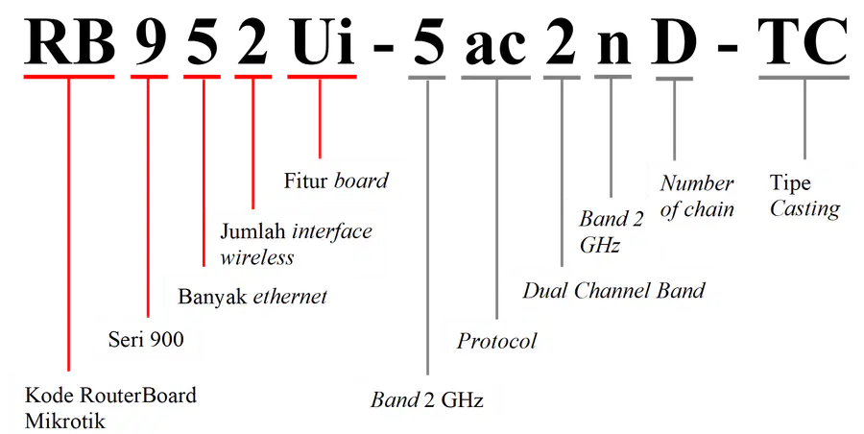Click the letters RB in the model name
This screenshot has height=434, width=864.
pos(69,43)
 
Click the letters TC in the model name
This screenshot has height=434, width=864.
pos(803,42)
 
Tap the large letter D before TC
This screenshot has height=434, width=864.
pos(673,43)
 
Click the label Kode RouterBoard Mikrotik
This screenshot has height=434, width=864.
pos(110,409)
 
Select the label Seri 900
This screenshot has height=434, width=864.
pos(146,339)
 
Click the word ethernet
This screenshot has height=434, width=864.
pos(290,297)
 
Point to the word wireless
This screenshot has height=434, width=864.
pos(256,257)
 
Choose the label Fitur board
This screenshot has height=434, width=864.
pos(336,181)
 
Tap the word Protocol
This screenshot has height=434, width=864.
pos(496,342)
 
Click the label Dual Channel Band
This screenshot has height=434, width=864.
pos(613,291)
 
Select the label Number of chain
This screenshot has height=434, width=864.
pos(697,196)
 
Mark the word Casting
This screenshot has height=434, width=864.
pos(804,209)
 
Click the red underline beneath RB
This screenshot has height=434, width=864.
pos(69,77)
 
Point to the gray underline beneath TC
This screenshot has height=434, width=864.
pos(804,78)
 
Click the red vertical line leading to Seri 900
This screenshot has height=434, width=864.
pos(148,198)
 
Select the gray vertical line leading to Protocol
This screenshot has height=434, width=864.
pos(496,199)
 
